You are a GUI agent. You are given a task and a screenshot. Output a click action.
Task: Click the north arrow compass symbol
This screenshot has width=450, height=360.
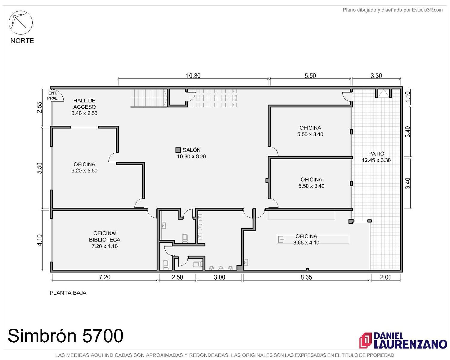[x=20, y=22]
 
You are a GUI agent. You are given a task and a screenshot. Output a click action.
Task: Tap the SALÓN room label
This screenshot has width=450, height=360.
[x=191, y=150]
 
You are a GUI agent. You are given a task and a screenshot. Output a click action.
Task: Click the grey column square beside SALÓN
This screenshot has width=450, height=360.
[x=178, y=150]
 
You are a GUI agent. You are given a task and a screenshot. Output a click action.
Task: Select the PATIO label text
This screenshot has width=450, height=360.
[x=376, y=154]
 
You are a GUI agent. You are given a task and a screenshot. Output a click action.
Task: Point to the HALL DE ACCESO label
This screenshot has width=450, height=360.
[x=85, y=104]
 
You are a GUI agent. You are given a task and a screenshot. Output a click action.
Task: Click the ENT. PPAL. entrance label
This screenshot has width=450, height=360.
[x=53, y=96]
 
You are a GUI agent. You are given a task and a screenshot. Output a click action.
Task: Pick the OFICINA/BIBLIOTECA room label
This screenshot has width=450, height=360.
[x=105, y=236]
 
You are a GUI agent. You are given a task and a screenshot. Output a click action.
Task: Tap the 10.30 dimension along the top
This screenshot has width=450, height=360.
[x=193, y=76]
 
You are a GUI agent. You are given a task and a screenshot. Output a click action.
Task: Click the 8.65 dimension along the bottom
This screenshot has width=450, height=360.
[x=306, y=277]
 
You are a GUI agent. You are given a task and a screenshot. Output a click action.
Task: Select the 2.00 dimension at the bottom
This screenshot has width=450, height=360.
[x=385, y=277]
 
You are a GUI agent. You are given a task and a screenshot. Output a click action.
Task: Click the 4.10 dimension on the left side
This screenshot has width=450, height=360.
[x=40, y=240]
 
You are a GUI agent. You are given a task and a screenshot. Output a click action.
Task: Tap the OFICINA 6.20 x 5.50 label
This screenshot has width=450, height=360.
[x=85, y=167]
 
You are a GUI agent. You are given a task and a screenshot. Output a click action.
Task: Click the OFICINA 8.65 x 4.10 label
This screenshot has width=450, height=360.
[x=306, y=239]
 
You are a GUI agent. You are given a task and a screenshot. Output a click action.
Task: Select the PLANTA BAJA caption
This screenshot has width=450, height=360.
[x=68, y=292]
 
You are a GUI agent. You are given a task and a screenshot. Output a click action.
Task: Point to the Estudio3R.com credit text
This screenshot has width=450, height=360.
[x=392, y=10]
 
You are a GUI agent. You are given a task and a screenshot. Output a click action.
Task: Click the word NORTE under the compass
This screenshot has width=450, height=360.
[x=22, y=40]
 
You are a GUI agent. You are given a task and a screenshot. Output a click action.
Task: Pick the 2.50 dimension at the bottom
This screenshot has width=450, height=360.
[x=177, y=277]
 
